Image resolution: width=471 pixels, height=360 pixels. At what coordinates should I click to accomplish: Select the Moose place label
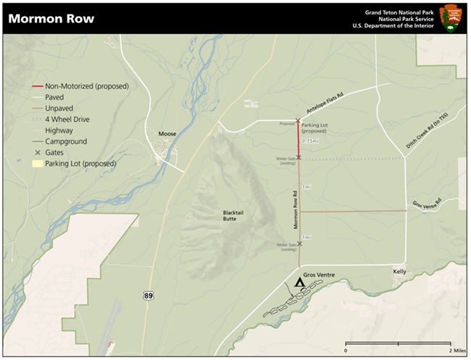click(x=167, y=133)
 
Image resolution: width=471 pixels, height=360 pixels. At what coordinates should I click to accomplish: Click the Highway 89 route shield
click(x=148, y=296)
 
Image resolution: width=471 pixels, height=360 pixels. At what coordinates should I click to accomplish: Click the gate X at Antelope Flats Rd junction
click(x=298, y=121)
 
